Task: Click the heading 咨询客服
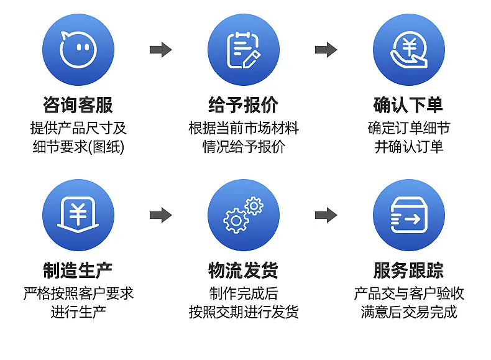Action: coord(78,104)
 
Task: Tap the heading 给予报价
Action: coord(243,104)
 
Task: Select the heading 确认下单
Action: coord(408,104)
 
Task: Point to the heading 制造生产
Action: coord(78,270)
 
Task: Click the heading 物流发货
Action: coord(243,270)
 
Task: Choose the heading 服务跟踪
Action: coord(408,270)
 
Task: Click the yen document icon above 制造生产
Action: coord(78,215)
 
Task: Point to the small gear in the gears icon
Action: coord(254,206)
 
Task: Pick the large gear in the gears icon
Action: coord(236,221)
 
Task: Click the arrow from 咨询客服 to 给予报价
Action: coord(160,50)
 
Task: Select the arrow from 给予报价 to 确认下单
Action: coord(326,50)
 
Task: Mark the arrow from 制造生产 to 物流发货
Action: coord(160,215)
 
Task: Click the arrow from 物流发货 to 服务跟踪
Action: coord(326,215)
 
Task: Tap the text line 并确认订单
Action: coord(408,146)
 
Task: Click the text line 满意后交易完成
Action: coord(408,312)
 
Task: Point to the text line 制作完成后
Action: coord(243,293)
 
